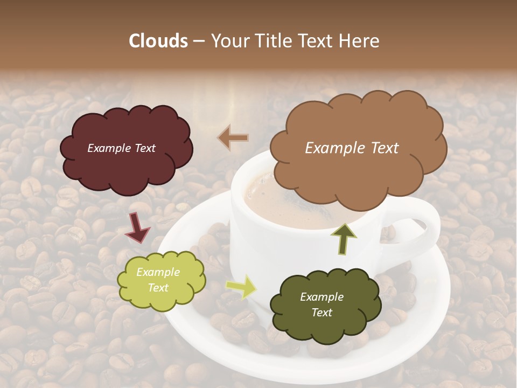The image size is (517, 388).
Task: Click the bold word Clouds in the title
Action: click(158, 41)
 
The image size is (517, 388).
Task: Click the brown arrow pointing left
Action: click(233, 138)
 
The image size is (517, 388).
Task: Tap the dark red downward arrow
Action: click(138, 227)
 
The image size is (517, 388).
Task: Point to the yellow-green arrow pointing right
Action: click(241, 287)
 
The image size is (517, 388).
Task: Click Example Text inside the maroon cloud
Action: click(121, 148)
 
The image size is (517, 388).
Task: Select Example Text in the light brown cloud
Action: click(352, 148)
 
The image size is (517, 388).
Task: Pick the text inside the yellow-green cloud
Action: click(158, 280)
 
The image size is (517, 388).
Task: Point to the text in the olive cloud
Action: click(322, 304)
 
